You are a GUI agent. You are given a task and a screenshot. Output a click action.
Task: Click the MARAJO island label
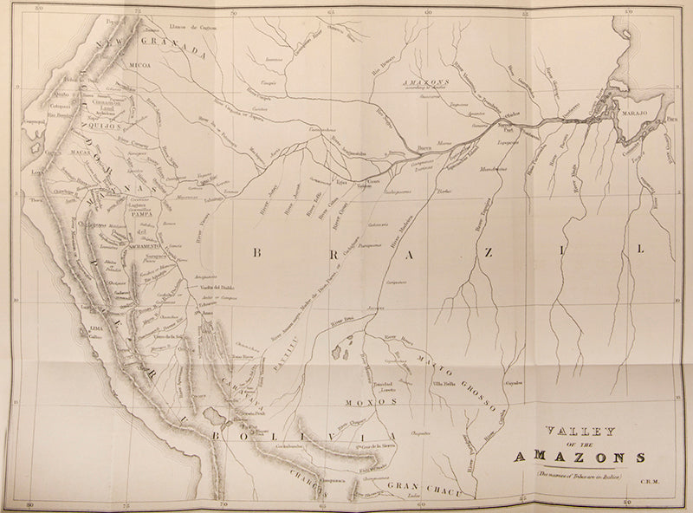pyautogui.click(x=639, y=108)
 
